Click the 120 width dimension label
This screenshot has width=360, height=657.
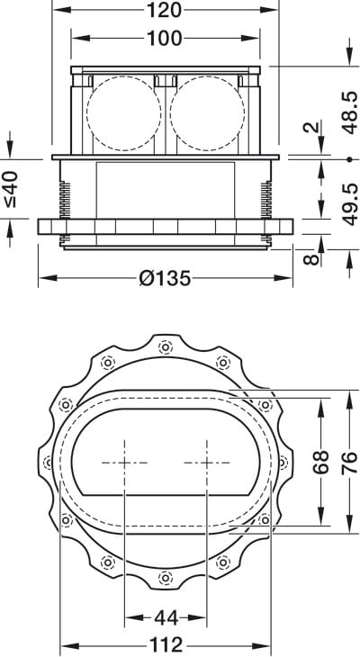point(165,9)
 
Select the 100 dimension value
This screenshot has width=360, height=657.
point(165,39)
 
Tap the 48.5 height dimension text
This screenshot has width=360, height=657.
point(348,112)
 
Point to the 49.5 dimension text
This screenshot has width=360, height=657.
point(348,204)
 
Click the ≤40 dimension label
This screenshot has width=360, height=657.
point(11,189)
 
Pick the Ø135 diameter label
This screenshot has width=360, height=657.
point(165,278)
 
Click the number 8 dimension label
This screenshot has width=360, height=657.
point(310,259)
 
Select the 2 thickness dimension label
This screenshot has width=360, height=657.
point(311,128)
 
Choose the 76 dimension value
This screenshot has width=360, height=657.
point(349,463)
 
